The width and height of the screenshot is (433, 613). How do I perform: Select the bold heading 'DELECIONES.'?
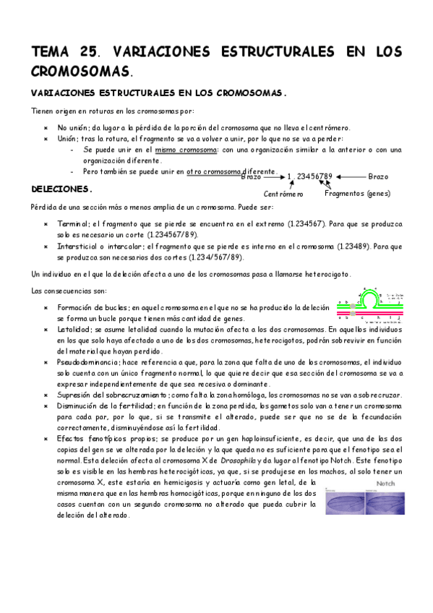coord(62,189)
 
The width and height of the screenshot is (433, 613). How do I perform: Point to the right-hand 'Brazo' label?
coord(378,176)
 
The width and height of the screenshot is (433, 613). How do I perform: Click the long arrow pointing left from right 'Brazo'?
coord(350,176)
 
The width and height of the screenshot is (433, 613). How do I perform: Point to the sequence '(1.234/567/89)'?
coord(215,257)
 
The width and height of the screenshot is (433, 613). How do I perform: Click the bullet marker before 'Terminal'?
coord(46,224)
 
